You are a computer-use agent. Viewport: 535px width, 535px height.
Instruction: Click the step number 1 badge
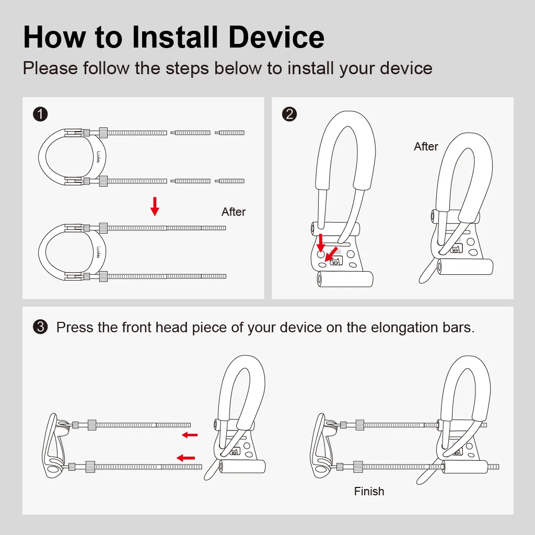coord(40,114)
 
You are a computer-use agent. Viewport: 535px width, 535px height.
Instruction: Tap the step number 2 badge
coord(289,114)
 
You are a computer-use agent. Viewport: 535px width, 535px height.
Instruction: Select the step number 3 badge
coord(40,327)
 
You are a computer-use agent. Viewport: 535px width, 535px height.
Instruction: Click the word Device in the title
coord(276,37)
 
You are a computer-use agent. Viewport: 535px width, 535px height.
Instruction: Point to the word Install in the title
coord(175,37)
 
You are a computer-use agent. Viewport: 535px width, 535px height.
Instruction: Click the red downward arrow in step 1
coord(155,206)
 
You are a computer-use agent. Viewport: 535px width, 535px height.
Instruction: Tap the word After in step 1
coord(234,212)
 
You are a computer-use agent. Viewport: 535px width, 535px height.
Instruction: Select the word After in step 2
coord(426,146)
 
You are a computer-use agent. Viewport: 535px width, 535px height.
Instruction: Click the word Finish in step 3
coord(369,491)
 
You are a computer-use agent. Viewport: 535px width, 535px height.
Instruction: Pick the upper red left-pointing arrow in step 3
coord(190,435)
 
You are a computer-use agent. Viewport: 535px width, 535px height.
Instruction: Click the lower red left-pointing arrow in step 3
coord(185,458)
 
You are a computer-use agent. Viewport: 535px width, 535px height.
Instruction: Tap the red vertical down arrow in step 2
coord(321,242)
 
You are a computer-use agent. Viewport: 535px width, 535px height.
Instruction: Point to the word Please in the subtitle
coord(50,68)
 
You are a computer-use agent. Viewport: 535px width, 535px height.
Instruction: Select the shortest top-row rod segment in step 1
coord(230,133)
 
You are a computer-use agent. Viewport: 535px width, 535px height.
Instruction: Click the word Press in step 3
coord(75,328)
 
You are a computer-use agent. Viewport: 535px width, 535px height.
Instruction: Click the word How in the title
coord(54,37)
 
